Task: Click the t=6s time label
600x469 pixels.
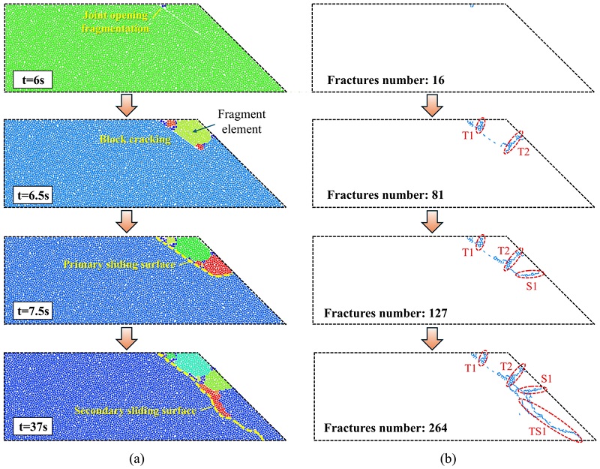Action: [31, 77]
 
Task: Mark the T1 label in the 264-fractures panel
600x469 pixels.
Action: [471, 368]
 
